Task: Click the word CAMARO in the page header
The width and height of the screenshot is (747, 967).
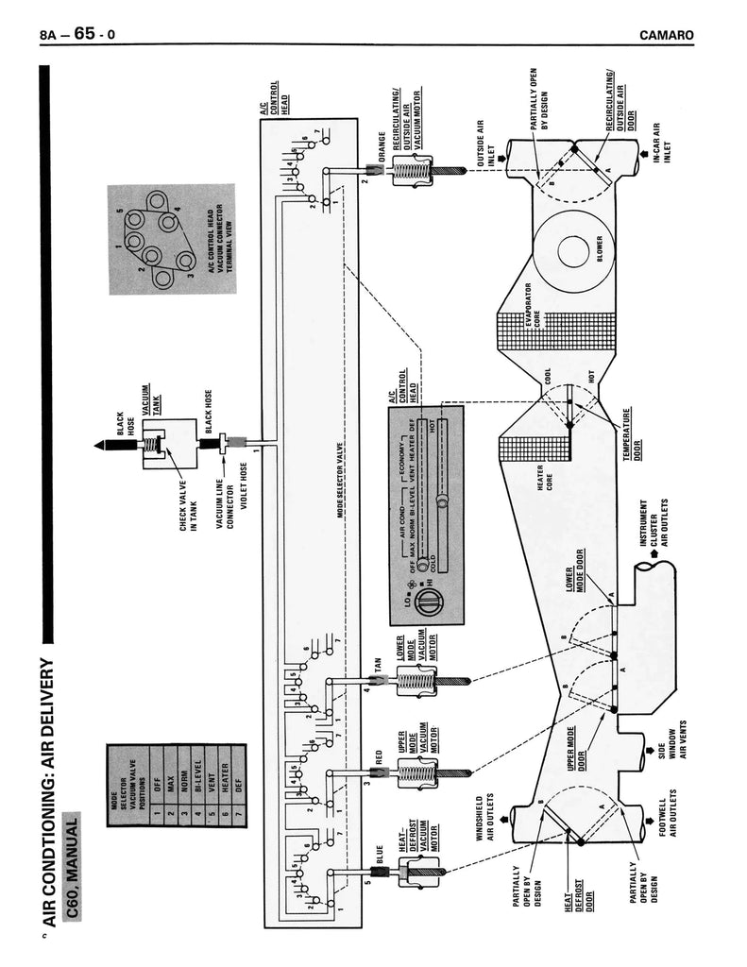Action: [x=667, y=36]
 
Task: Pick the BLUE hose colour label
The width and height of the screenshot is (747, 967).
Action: [x=380, y=858]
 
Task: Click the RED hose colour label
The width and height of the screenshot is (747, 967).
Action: [x=379, y=756]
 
